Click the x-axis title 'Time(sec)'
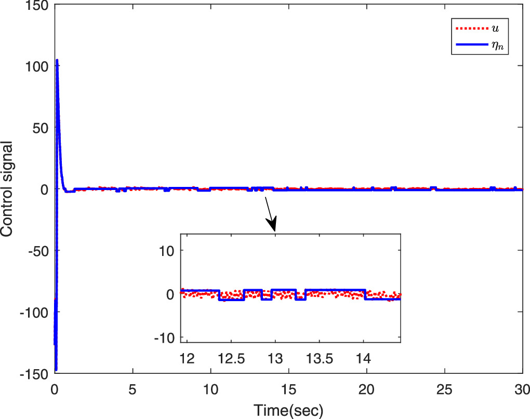(288, 411)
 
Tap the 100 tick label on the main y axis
(40, 66)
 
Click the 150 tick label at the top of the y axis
(40, 6)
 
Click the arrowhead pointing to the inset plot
(273, 226)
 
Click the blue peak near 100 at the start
(57, 60)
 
